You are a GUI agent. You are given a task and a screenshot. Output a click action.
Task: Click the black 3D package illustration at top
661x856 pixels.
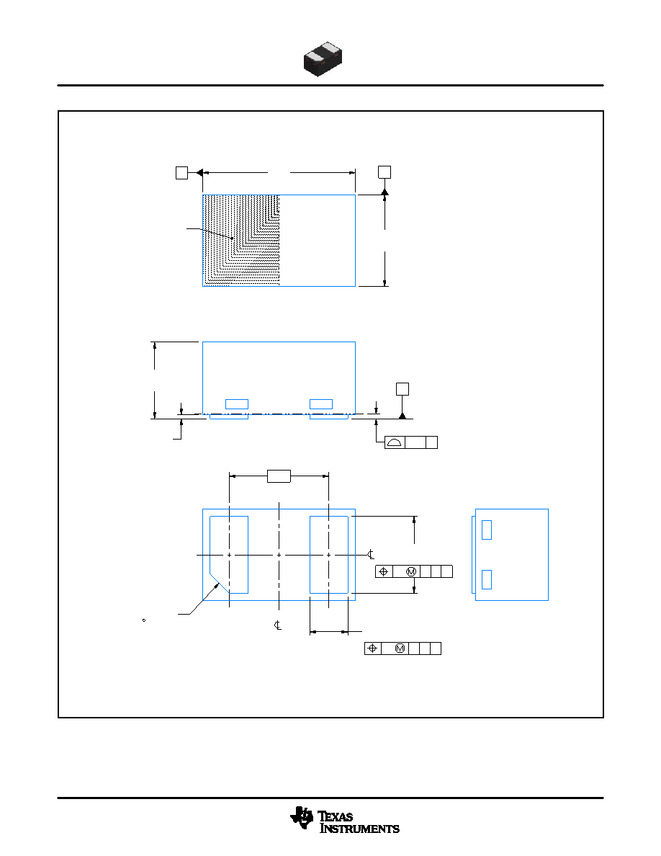323,58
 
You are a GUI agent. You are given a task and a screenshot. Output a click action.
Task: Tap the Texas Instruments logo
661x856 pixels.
345,821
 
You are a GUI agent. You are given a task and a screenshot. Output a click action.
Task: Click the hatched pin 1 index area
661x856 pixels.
241,240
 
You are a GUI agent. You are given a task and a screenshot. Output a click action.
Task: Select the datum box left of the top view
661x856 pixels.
181,172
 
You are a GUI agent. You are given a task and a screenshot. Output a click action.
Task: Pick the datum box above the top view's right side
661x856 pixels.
385,172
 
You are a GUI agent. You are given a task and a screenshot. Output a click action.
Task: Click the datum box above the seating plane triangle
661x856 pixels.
403,388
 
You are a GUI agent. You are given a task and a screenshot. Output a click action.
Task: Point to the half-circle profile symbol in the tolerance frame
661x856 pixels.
395,442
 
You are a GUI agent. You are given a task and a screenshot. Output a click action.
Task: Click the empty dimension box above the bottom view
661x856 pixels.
279,476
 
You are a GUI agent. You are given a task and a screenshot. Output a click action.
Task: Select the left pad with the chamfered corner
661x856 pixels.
229,554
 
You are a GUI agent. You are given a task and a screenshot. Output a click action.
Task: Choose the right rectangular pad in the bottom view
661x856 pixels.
329,555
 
